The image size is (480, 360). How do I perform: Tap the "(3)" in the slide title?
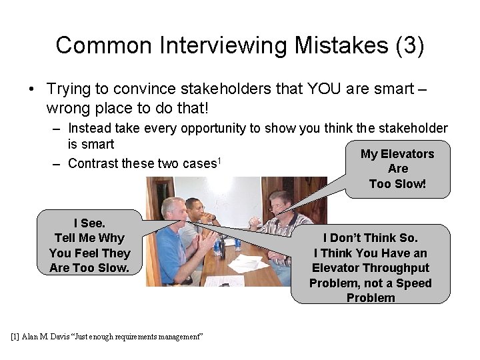pos(409,45)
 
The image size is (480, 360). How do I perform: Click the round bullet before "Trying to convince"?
pos(31,89)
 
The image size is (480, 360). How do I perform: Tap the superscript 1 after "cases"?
pos(219,160)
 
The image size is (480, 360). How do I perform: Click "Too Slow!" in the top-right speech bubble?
pos(397,183)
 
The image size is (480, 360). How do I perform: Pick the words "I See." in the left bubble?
pos(89,223)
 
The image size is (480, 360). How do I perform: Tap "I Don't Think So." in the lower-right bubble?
pos(371,238)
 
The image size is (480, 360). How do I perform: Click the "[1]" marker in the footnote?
pos(16,337)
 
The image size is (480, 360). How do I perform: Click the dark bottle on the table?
pos(217,249)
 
